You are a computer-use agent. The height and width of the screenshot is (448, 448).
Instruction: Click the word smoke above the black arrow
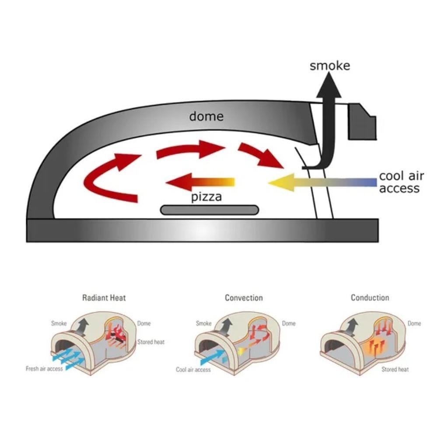[330, 66]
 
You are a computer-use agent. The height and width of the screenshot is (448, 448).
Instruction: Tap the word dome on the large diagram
[206, 116]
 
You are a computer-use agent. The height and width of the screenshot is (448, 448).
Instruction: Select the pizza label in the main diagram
[206, 197]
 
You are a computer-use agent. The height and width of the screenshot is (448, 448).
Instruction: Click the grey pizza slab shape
[210, 210]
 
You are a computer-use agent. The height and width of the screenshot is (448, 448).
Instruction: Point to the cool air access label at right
[401, 182]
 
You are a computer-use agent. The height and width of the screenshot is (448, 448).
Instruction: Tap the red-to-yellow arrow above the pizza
[201, 182]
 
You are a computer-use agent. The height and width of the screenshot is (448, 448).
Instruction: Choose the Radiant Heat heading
[104, 298]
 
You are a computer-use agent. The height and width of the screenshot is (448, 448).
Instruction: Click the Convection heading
[244, 298]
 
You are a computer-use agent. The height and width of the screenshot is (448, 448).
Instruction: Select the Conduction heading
[370, 298]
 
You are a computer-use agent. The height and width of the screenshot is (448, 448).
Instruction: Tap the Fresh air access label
[44, 369]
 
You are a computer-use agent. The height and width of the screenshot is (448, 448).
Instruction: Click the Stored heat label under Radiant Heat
[151, 342]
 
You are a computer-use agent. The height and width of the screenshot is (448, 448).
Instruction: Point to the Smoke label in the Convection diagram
[203, 324]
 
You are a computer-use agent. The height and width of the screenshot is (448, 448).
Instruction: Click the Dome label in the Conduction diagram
[414, 324]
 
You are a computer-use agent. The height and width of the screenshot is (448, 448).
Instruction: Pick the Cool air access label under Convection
[193, 370]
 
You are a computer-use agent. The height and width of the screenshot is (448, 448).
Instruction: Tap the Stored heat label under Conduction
[395, 370]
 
